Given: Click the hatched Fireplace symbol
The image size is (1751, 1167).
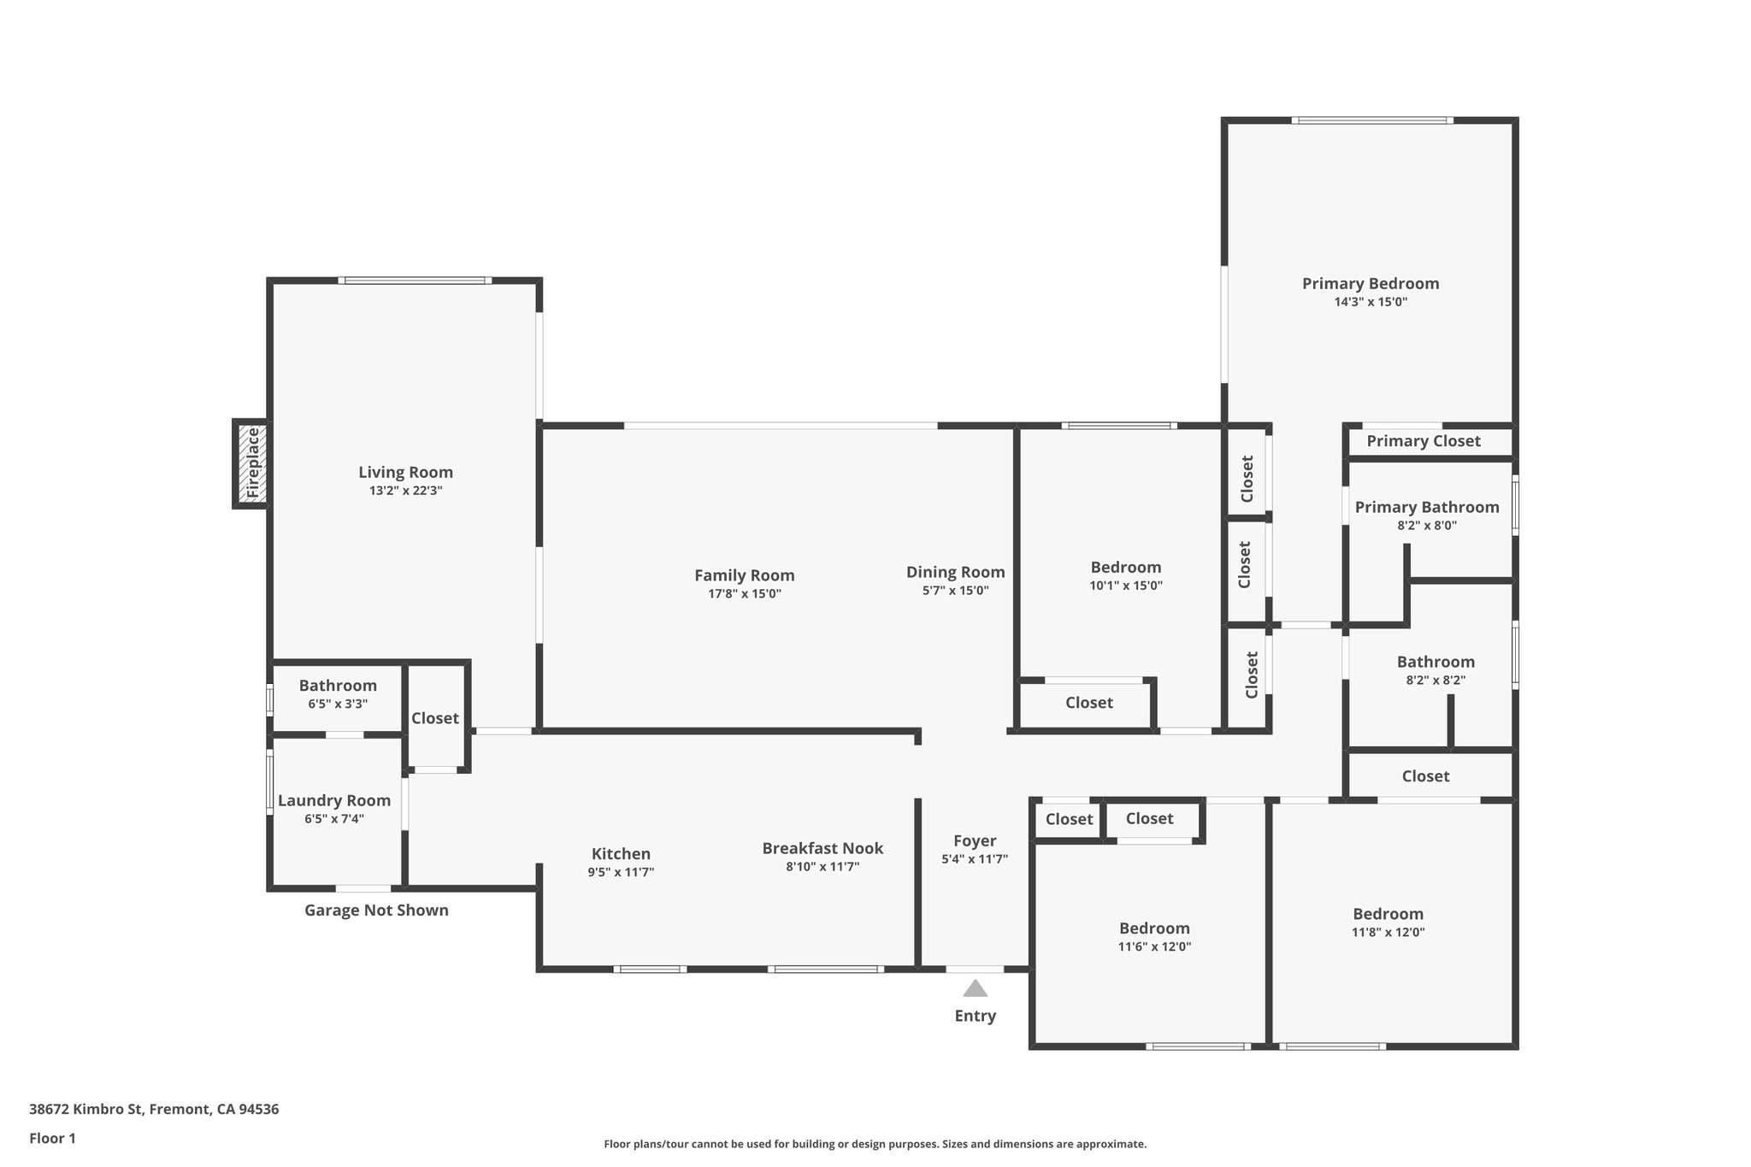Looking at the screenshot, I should pyautogui.click(x=251, y=464).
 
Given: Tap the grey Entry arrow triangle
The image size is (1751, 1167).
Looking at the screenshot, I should pyautogui.click(x=975, y=989).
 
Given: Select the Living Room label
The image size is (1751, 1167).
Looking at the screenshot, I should pyautogui.click(x=405, y=472).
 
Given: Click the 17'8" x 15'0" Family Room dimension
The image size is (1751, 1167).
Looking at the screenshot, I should pyautogui.click(x=744, y=594).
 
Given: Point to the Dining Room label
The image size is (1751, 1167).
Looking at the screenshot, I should pyautogui.click(x=955, y=572).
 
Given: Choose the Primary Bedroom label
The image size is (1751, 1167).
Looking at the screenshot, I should pyautogui.click(x=1371, y=283).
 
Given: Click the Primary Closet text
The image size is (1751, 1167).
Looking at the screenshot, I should pyautogui.click(x=1423, y=441).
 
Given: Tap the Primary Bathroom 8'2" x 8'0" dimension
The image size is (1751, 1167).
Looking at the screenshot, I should pyautogui.click(x=1427, y=526).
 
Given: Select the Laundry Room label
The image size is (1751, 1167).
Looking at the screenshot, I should pyautogui.click(x=334, y=800).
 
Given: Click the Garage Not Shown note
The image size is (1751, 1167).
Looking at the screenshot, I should pyautogui.click(x=376, y=910).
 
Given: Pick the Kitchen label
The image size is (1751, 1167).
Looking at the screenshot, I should pyautogui.click(x=621, y=853).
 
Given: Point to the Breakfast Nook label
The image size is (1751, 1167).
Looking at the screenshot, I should pyautogui.click(x=822, y=848).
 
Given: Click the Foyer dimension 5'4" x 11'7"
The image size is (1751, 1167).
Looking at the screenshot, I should pyautogui.click(x=975, y=859).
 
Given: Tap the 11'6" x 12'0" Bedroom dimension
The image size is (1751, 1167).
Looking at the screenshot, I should pyautogui.click(x=1154, y=946).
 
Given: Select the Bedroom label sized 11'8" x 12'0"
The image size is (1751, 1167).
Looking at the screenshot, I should pyautogui.click(x=1388, y=913).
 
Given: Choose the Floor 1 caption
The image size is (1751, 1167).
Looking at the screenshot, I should pyautogui.click(x=52, y=1138).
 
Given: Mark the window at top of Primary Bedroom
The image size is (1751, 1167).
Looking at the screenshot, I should pyautogui.click(x=1371, y=121).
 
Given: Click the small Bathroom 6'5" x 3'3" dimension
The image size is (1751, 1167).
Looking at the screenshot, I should pyautogui.click(x=338, y=704).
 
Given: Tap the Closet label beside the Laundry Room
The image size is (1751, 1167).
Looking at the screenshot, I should pyautogui.click(x=435, y=718).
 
